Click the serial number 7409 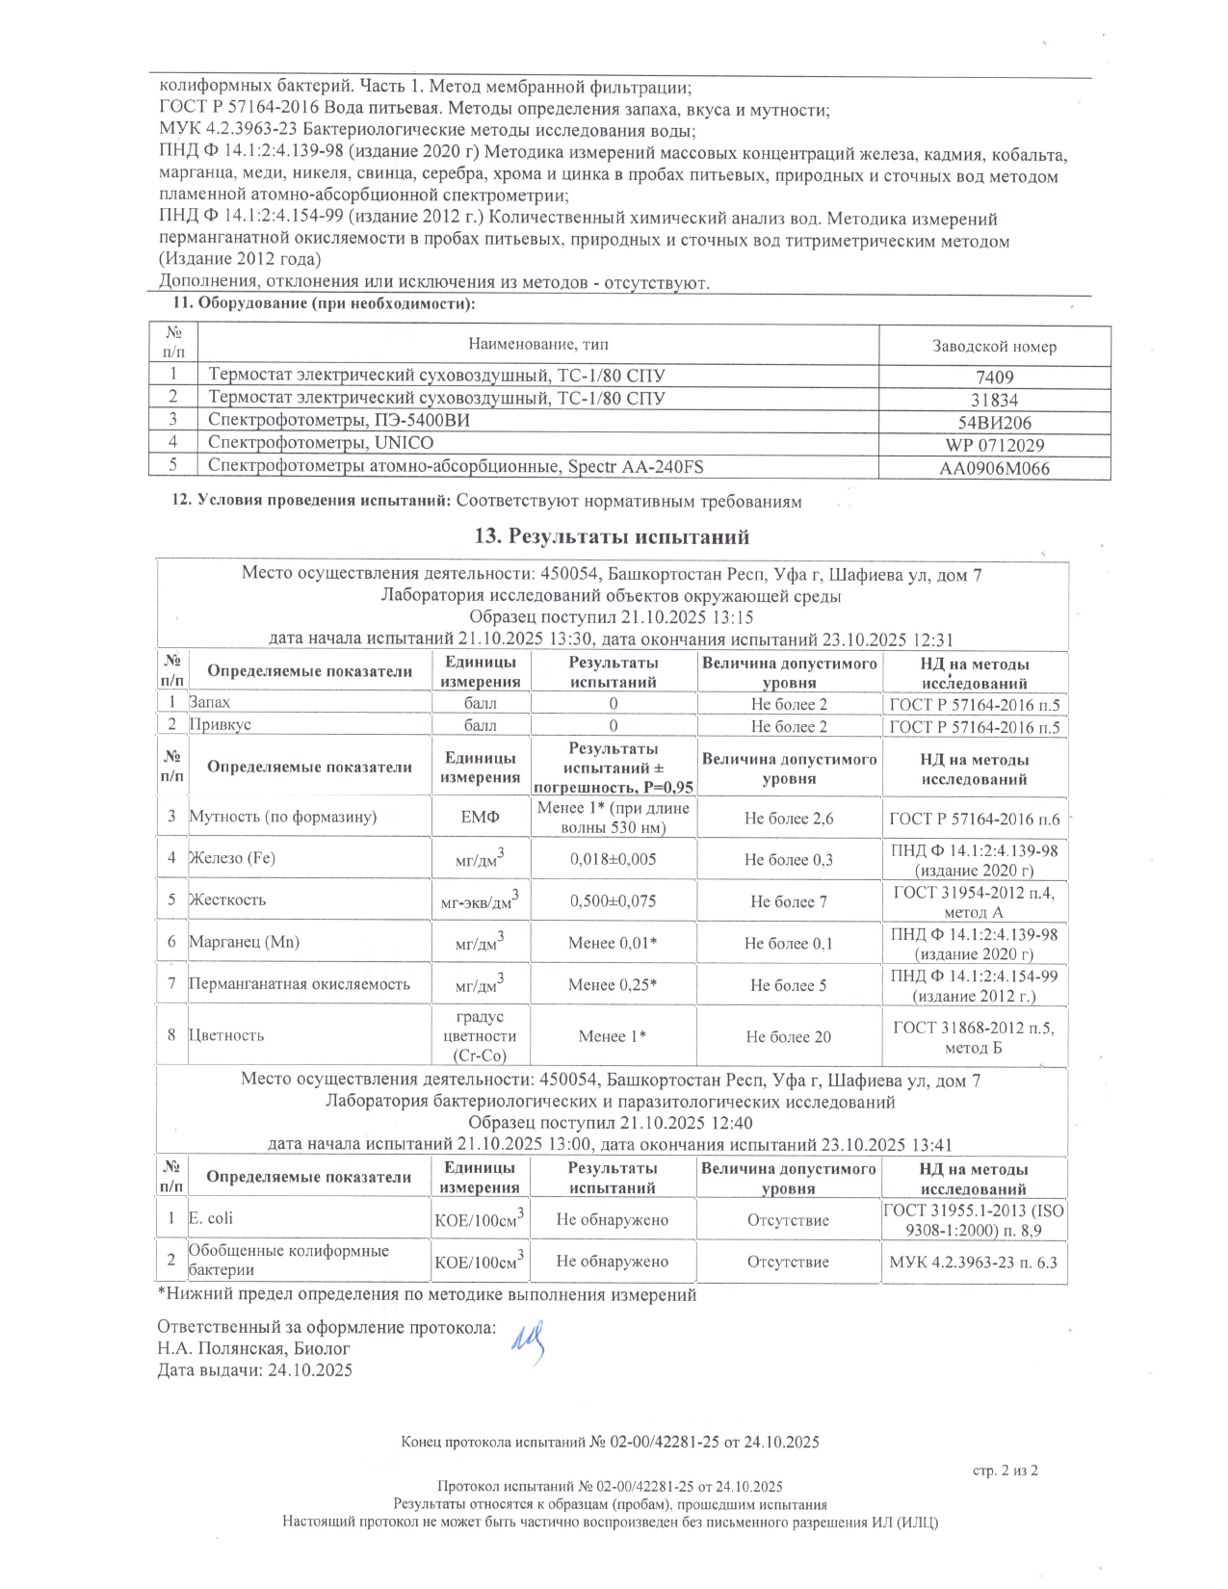[x=994, y=378]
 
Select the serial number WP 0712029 [x=994, y=445]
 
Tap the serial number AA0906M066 [x=994, y=469]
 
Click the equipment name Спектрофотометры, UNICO [x=321, y=443]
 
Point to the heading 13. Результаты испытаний [x=613, y=536]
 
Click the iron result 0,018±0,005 [x=613, y=859]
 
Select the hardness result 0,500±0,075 [x=613, y=901]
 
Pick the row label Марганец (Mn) [x=244, y=942]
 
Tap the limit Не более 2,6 [x=788, y=819]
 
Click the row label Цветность [x=226, y=1035]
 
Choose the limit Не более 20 [x=788, y=1037]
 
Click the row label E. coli [x=211, y=1218]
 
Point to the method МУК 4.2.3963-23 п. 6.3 [x=975, y=1261]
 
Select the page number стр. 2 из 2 [x=1005, y=1471]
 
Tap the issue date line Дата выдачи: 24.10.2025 [x=255, y=1369]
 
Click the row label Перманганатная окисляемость [x=300, y=983]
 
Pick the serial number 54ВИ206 [x=994, y=422]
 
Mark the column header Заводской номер [x=994, y=347]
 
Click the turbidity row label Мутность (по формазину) [x=282, y=817]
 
